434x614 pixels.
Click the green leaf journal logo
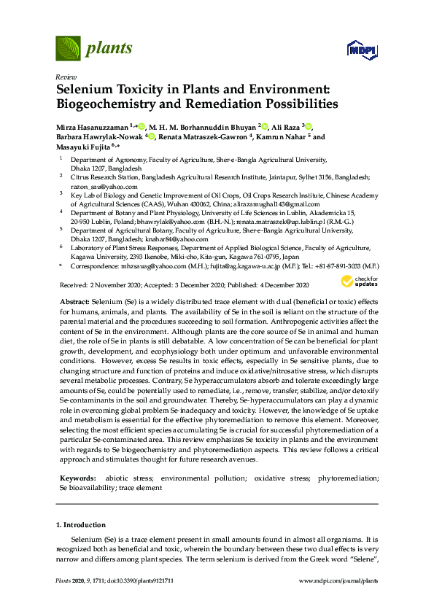pyautogui.click(x=68, y=48)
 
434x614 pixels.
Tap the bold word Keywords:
pyautogui.click(x=77, y=478)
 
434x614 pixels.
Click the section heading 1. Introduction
pyautogui.click(x=80, y=524)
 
